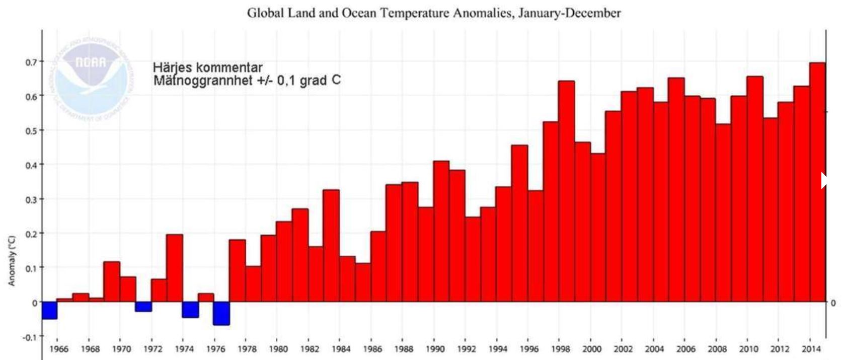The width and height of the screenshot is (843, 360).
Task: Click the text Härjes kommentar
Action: tap(207, 67)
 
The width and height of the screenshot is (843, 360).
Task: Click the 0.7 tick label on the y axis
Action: tap(25, 61)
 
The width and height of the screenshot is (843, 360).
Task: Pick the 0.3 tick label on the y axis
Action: tap(25, 199)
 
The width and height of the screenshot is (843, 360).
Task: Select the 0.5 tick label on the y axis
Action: tap(25, 130)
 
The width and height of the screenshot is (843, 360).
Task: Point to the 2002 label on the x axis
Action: tap(623, 349)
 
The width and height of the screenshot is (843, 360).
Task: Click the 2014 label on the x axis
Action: tap(811, 349)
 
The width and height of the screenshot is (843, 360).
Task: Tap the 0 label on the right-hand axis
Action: tap(833, 303)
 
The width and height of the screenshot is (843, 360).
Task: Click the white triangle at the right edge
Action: tap(824, 180)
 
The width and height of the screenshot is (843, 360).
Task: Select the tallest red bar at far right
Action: tap(817, 181)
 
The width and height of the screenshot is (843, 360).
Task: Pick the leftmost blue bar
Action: tap(49, 310)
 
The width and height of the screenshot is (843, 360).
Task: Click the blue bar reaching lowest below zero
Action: tap(221, 313)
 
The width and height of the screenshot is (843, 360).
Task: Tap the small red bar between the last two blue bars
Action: tap(206, 298)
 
